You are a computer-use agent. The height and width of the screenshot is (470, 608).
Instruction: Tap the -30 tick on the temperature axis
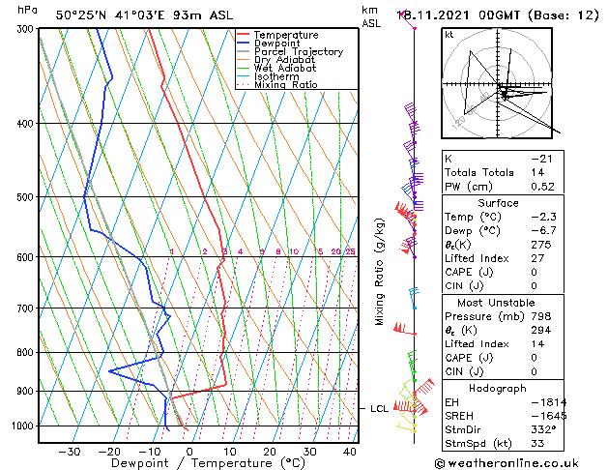(69, 452)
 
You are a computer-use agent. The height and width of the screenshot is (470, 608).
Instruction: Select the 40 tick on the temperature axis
(349, 452)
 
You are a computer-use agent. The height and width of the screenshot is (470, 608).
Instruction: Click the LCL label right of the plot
(380, 409)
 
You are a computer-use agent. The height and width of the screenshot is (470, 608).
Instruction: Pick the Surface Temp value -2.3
(540, 218)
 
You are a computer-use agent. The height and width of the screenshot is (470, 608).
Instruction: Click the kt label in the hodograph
(449, 34)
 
